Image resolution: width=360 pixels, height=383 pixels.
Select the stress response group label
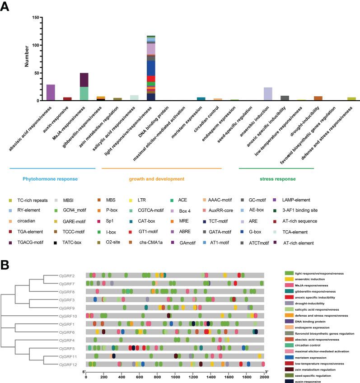276,179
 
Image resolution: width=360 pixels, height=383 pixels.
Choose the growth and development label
161,179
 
